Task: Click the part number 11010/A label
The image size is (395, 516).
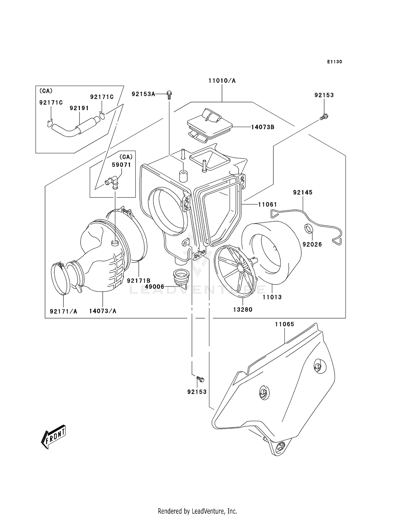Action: (222, 81)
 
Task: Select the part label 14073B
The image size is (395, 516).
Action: (262, 127)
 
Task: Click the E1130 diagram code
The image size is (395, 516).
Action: (334, 62)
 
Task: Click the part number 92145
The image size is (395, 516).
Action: (303, 193)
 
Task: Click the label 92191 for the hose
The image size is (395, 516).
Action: (79, 108)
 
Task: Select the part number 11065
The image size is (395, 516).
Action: (284, 324)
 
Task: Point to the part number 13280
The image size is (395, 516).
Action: (243, 310)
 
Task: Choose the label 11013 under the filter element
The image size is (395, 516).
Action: (272, 297)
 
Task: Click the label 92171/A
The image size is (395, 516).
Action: (63, 311)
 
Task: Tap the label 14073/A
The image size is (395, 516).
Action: (102, 311)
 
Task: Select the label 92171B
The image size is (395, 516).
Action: (139, 281)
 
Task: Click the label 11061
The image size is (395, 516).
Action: (267, 204)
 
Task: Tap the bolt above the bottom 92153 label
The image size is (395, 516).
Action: (200, 379)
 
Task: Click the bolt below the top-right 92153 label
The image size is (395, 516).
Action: (324, 117)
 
